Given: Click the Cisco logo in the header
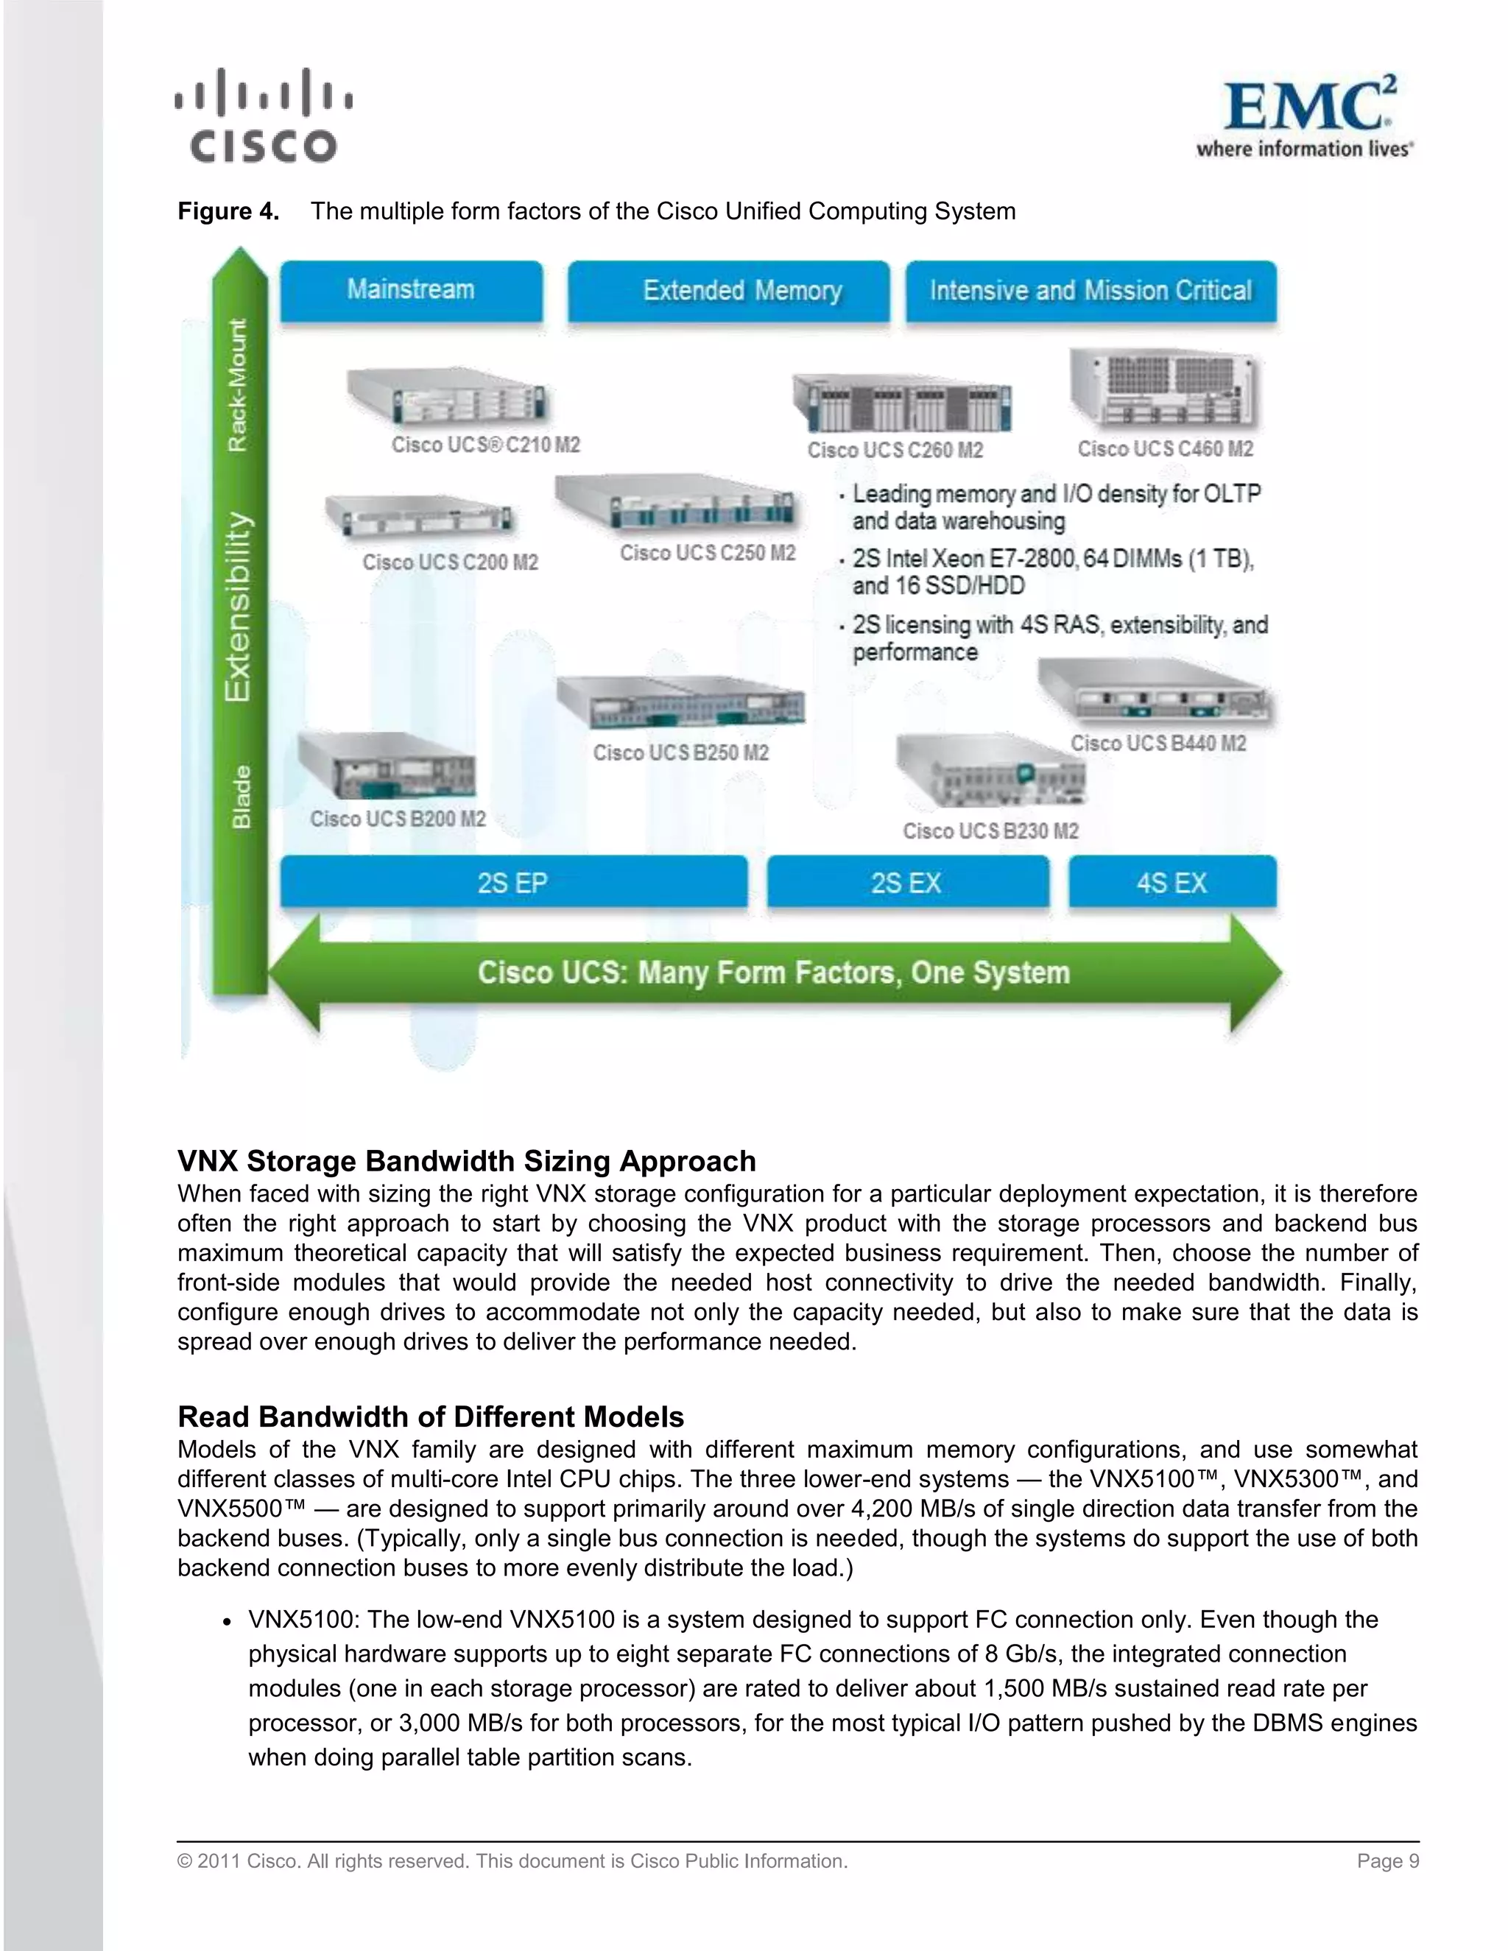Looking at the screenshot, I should point(264,116).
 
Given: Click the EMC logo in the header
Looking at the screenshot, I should point(1306,117).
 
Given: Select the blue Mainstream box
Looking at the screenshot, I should point(411,290).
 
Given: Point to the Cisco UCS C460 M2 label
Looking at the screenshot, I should point(1165,449).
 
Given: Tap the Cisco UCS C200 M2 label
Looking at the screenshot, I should point(450,562).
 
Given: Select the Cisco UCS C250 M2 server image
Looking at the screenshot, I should point(675,504).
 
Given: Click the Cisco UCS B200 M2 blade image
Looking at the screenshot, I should point(386,767).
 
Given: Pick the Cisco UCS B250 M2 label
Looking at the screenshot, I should point(681,753).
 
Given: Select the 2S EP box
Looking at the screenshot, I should point(512,883).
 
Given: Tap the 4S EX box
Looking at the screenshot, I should point(1172,883).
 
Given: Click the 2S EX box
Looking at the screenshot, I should point(906,883).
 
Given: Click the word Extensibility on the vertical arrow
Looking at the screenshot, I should point(238,607).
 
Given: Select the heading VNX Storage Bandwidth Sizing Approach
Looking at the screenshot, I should point(466,1160).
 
